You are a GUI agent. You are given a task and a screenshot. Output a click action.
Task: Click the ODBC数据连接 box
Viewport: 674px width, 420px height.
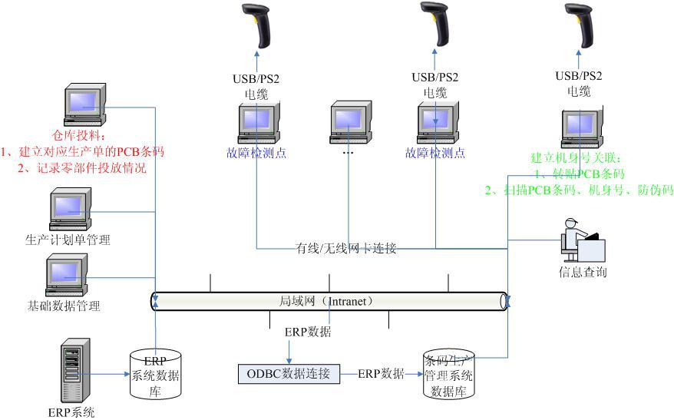tap(289, 374)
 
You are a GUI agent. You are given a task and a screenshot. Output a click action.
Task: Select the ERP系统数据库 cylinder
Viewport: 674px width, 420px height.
tap(156, 374)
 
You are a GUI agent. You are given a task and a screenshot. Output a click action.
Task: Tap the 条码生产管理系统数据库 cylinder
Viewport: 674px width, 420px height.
tap(448, 374)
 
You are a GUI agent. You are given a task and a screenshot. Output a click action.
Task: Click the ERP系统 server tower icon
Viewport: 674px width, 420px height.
tap(71, 371)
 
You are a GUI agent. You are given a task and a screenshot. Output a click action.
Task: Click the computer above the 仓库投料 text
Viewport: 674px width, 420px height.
tap(82, 107)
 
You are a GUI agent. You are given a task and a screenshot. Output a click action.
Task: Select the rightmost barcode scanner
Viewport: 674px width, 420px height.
tap(579, 25)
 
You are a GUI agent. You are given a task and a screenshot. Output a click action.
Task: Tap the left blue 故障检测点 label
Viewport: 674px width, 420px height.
tap(256, 153)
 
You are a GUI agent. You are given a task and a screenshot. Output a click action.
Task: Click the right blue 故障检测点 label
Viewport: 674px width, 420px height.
tap(435, 153)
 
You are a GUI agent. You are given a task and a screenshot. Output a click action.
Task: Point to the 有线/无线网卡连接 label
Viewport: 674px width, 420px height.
tap(346, 248)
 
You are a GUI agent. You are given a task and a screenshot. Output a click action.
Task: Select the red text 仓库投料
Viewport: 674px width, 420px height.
tap(83, 136)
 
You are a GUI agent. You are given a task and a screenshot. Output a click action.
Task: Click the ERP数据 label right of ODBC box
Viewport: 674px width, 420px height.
tap(381, 374)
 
